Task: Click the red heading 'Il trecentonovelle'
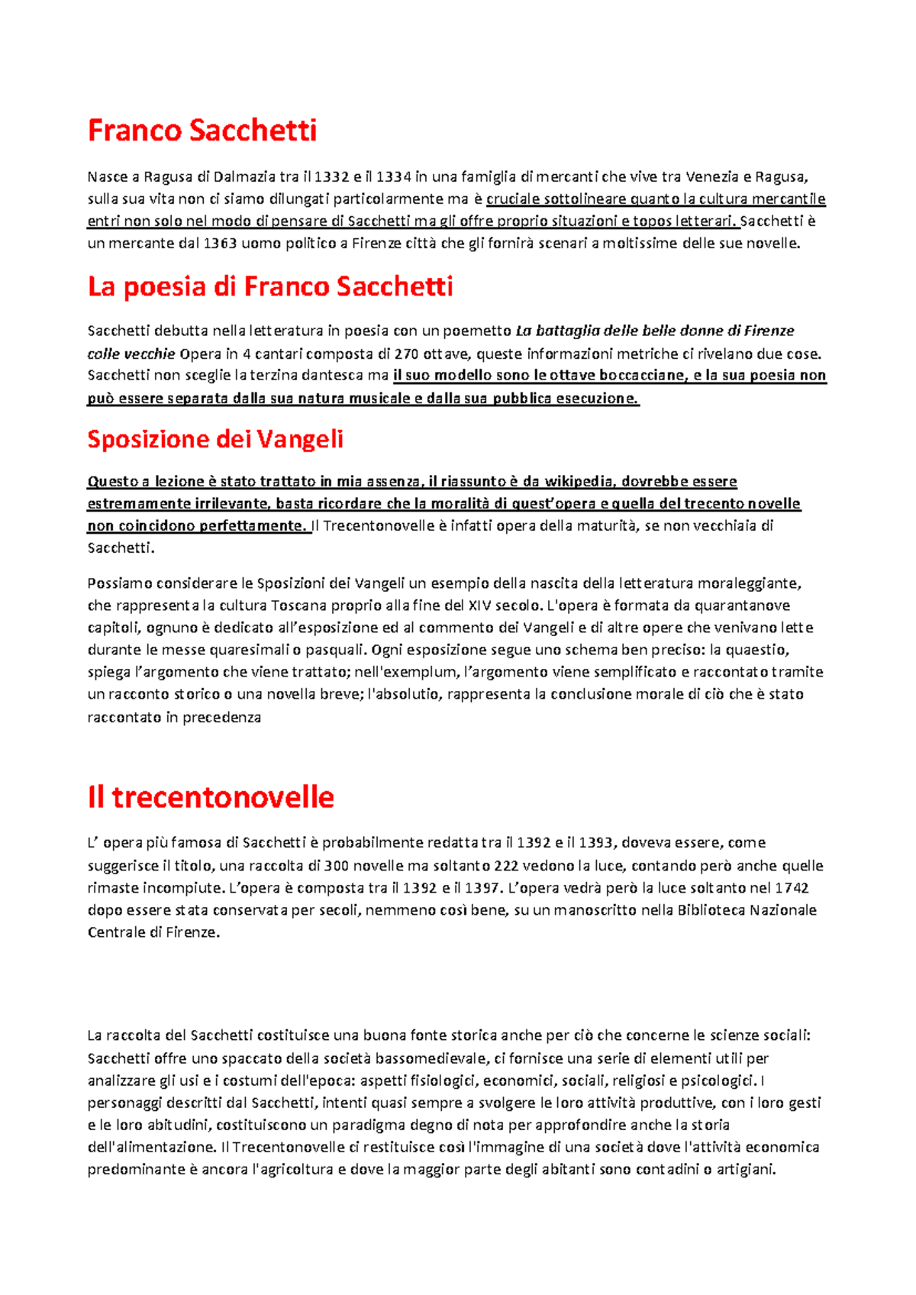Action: pyautogui.click(x=211, y=797)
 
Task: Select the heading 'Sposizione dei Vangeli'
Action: pyautogui.click(x=215, y=439)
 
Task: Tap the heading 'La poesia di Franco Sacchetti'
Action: pyautogui.click(x=270, y=286)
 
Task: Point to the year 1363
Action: pyautogui.click(x=221, y=244)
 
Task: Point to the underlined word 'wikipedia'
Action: pyautogui.click(x=578, y=481)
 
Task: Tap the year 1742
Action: pyautogui.click(x=792, y=888)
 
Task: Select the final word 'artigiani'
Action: pyautogui.click(x=745, y=1169)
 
